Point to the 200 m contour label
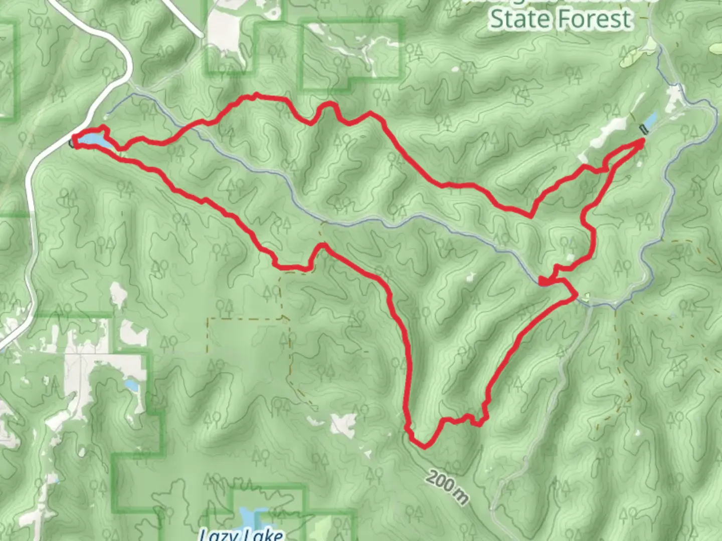(x=447, y=486)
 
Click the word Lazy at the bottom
(x=219, y=534)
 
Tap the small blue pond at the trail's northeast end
(x=651, y=120)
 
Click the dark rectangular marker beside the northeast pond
(x=644, y=129)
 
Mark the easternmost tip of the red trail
(x=643, y=141)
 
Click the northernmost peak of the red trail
(x=256, y=95)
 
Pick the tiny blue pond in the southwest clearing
(x=132, y=386)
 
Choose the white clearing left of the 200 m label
(x=344, y=425)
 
